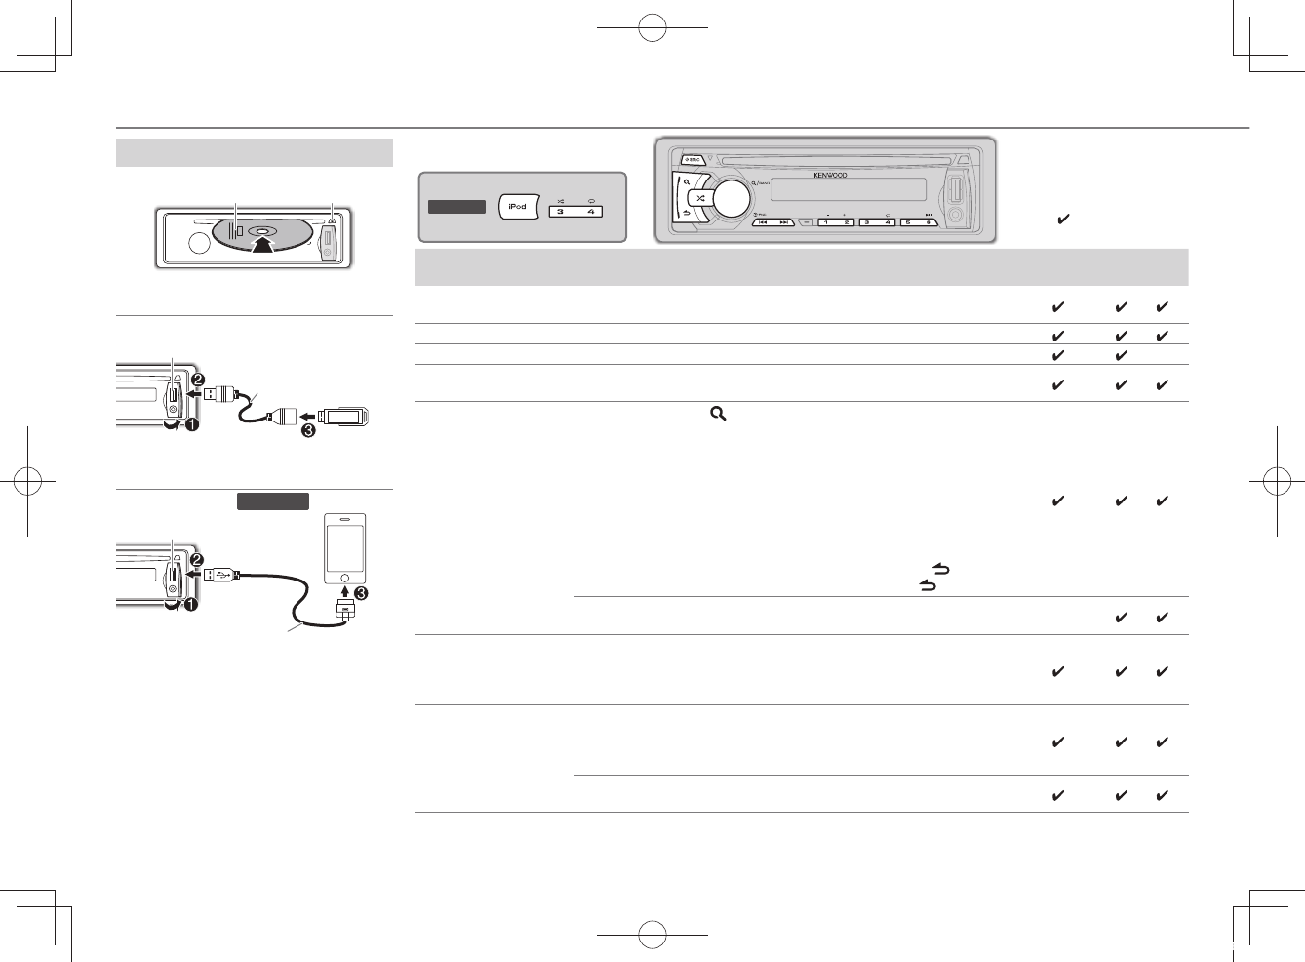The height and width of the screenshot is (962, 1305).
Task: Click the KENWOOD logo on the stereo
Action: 830,176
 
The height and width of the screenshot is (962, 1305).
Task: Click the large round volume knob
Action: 731,198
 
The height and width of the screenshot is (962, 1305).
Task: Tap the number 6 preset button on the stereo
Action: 928,222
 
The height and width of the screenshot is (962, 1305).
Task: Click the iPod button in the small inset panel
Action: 517,206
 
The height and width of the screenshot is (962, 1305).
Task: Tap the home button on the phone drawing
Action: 344,577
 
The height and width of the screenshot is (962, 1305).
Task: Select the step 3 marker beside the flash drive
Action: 308,429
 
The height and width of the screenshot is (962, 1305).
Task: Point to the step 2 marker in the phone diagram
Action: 198,560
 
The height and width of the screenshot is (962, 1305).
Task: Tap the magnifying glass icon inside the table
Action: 718,415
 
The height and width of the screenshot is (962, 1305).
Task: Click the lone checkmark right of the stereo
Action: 1063,220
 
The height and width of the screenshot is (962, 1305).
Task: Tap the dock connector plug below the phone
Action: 344,611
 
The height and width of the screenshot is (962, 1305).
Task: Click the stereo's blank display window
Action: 848,190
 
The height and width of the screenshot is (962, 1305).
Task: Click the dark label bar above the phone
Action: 273,501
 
